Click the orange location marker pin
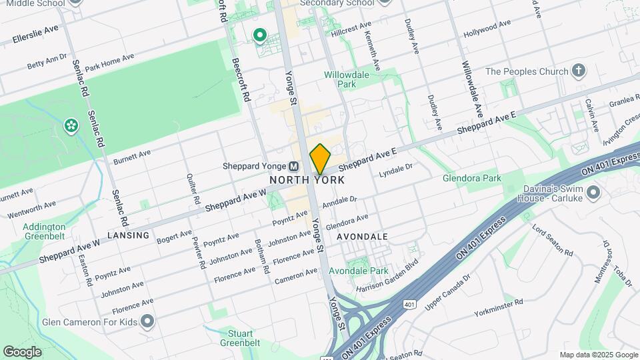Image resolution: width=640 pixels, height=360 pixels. tap(320, 159)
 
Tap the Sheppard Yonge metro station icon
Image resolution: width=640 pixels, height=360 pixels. tap(293, 166)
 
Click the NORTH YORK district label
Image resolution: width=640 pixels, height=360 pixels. tap(307, 180)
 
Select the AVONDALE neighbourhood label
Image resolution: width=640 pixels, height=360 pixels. tap(362, 237)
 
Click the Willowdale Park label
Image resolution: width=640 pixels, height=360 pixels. tap(346, 80)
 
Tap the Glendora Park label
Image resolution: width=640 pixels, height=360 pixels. tap(472, 178)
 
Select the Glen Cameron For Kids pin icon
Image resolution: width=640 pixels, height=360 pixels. tap(148, 322)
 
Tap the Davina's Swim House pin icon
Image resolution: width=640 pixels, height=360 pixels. tap(594, 193)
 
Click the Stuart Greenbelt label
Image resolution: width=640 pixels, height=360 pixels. tap(240, 338)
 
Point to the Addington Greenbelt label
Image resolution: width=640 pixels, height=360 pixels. tap(44, 231)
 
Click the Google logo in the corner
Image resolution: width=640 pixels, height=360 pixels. tap(22, 351)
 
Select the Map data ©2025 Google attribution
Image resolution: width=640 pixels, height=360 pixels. tap(597, 355)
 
